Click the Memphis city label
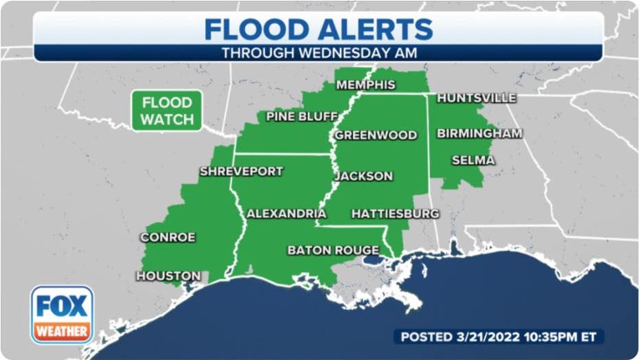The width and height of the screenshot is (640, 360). pyautogui.click(x=365, y=85)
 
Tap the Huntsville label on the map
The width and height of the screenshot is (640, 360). pyautogui.click(x=476, y=98)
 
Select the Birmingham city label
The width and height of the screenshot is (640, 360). pyautogui.click(x=479, y=133)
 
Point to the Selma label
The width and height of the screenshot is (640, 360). pyautogui.click(x=472, y=161)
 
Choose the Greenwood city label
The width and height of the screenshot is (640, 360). pyautogui.click(x=376, y=135)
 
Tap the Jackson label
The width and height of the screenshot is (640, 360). pyautogui.click(x=363, y=177)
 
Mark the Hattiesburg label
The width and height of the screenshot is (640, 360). pyautogui.click(x=395, y=214)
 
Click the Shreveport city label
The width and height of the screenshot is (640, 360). pyautogui.click(x=241, y=172)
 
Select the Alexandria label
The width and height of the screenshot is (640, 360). pyautogui.click(x=286, y=214)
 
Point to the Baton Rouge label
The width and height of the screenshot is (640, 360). pyautogui.click(x=333, y=251)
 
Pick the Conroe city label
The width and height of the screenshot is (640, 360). pyautogui.click(x=168, y=238)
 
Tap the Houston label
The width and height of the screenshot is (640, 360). pyautogui.click(x=168, y=276)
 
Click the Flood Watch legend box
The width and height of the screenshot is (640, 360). pyautogui.click(x=166, y=111)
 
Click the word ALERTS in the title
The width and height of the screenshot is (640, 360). pyautogui.click(x=376, y=30)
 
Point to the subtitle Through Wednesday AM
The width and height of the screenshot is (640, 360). pyautogui.click(x=319, y=52)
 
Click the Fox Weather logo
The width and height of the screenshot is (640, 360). pyautogui.click(x=62, y=315)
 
